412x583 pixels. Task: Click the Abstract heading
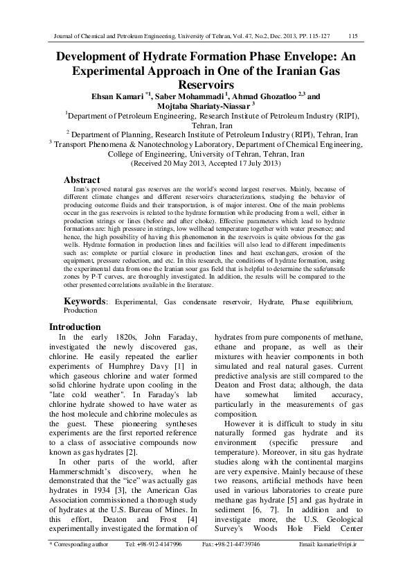pyautogui.click(x=82, y=180)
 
